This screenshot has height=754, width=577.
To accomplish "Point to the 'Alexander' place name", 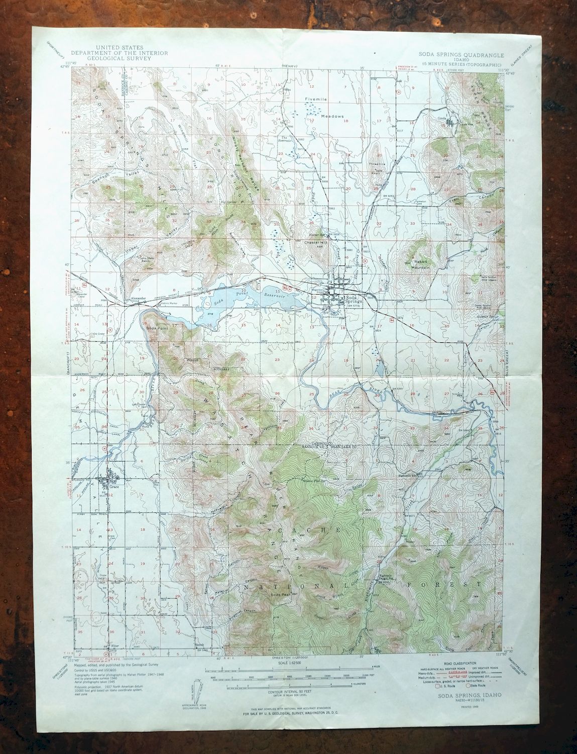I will point(138,298).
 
